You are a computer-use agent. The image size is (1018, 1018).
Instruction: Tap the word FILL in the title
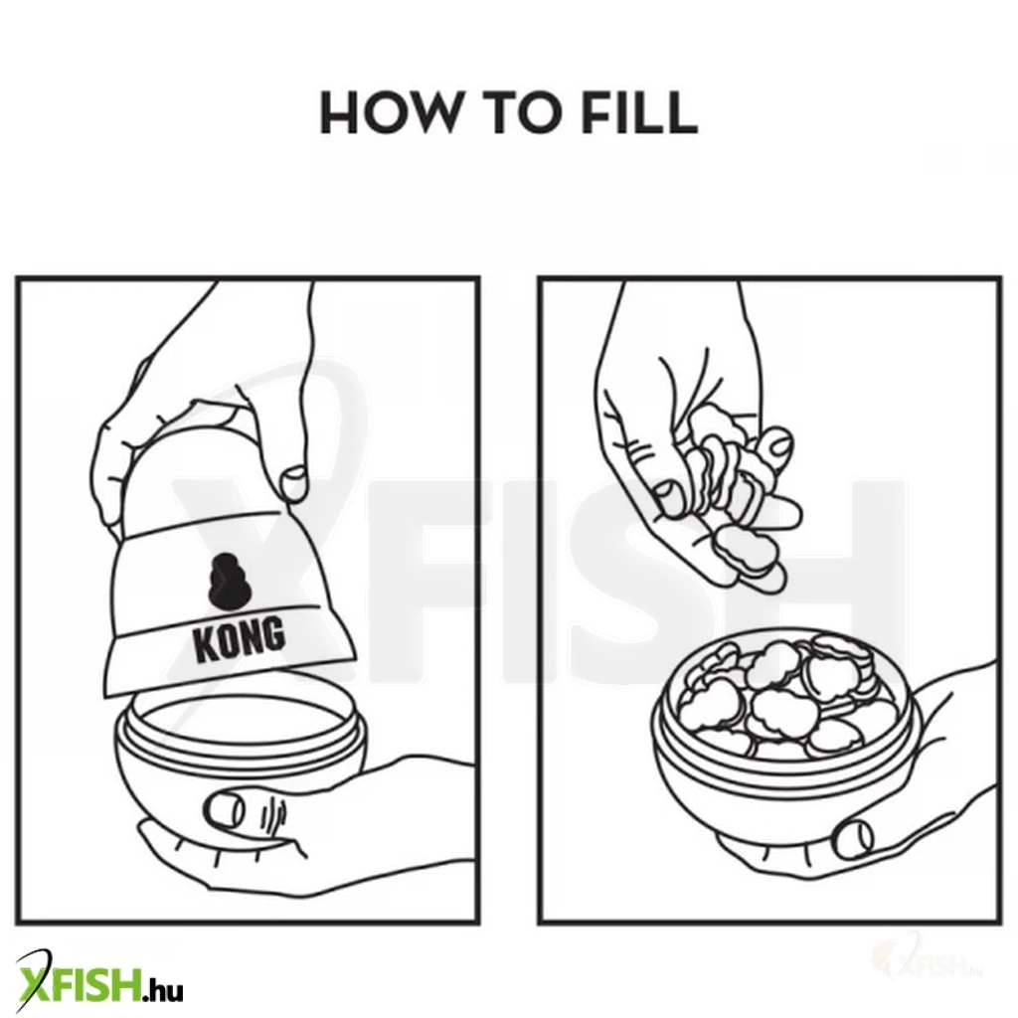638,113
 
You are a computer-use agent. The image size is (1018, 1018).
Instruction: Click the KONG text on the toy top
239,639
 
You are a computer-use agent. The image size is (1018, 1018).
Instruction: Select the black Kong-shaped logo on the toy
227,581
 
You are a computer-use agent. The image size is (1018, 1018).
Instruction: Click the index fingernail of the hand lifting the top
294,483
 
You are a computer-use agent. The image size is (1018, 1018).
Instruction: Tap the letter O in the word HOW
390,113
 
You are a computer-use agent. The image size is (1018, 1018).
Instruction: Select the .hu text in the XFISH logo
164,990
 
